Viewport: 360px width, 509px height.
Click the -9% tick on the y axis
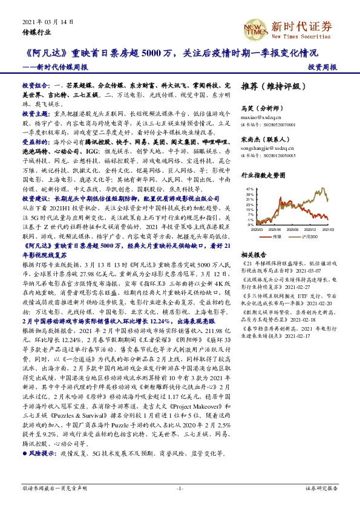click(x=249, y=225)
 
